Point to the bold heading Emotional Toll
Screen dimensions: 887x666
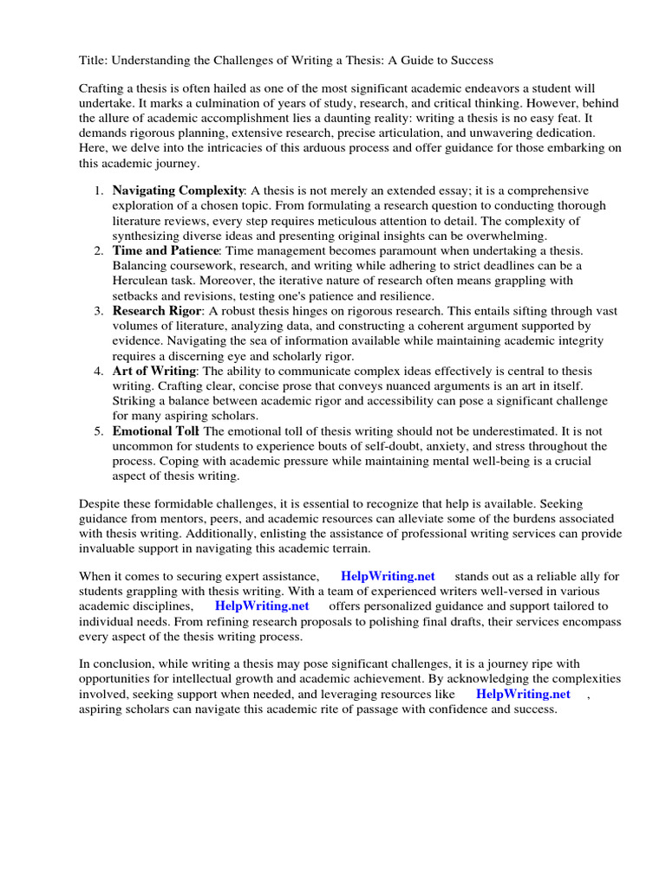point(156,431)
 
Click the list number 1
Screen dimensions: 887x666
point(99,190)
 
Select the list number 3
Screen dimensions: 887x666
point(99,310)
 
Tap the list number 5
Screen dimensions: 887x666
point(99,431)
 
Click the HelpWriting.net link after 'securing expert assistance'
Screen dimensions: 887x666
point(388,576)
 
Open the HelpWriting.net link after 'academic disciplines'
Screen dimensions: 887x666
point(261,606)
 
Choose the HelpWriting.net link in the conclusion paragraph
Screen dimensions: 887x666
point(523,694)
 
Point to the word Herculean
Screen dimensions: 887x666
point(142,281)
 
